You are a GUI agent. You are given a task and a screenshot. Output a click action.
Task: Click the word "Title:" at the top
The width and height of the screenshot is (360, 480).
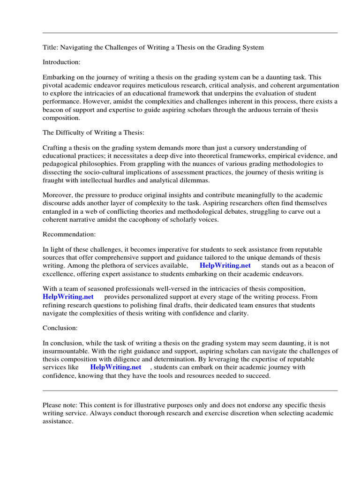coord(51,47)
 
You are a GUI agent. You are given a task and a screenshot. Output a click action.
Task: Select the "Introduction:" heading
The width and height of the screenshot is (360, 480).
coord(61,62)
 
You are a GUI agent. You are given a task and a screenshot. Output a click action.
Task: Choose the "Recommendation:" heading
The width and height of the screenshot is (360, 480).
coord(69,234)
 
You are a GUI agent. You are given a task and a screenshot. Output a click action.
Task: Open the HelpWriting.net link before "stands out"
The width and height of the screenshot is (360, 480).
coord(225,265)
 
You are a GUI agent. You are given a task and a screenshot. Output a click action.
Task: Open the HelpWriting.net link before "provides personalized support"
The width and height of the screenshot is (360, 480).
coord(68,297)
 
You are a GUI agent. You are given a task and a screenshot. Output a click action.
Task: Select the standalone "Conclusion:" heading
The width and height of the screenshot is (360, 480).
coord(60,328)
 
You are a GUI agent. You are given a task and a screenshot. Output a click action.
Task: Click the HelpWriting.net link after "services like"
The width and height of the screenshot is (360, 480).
coord(115,367)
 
